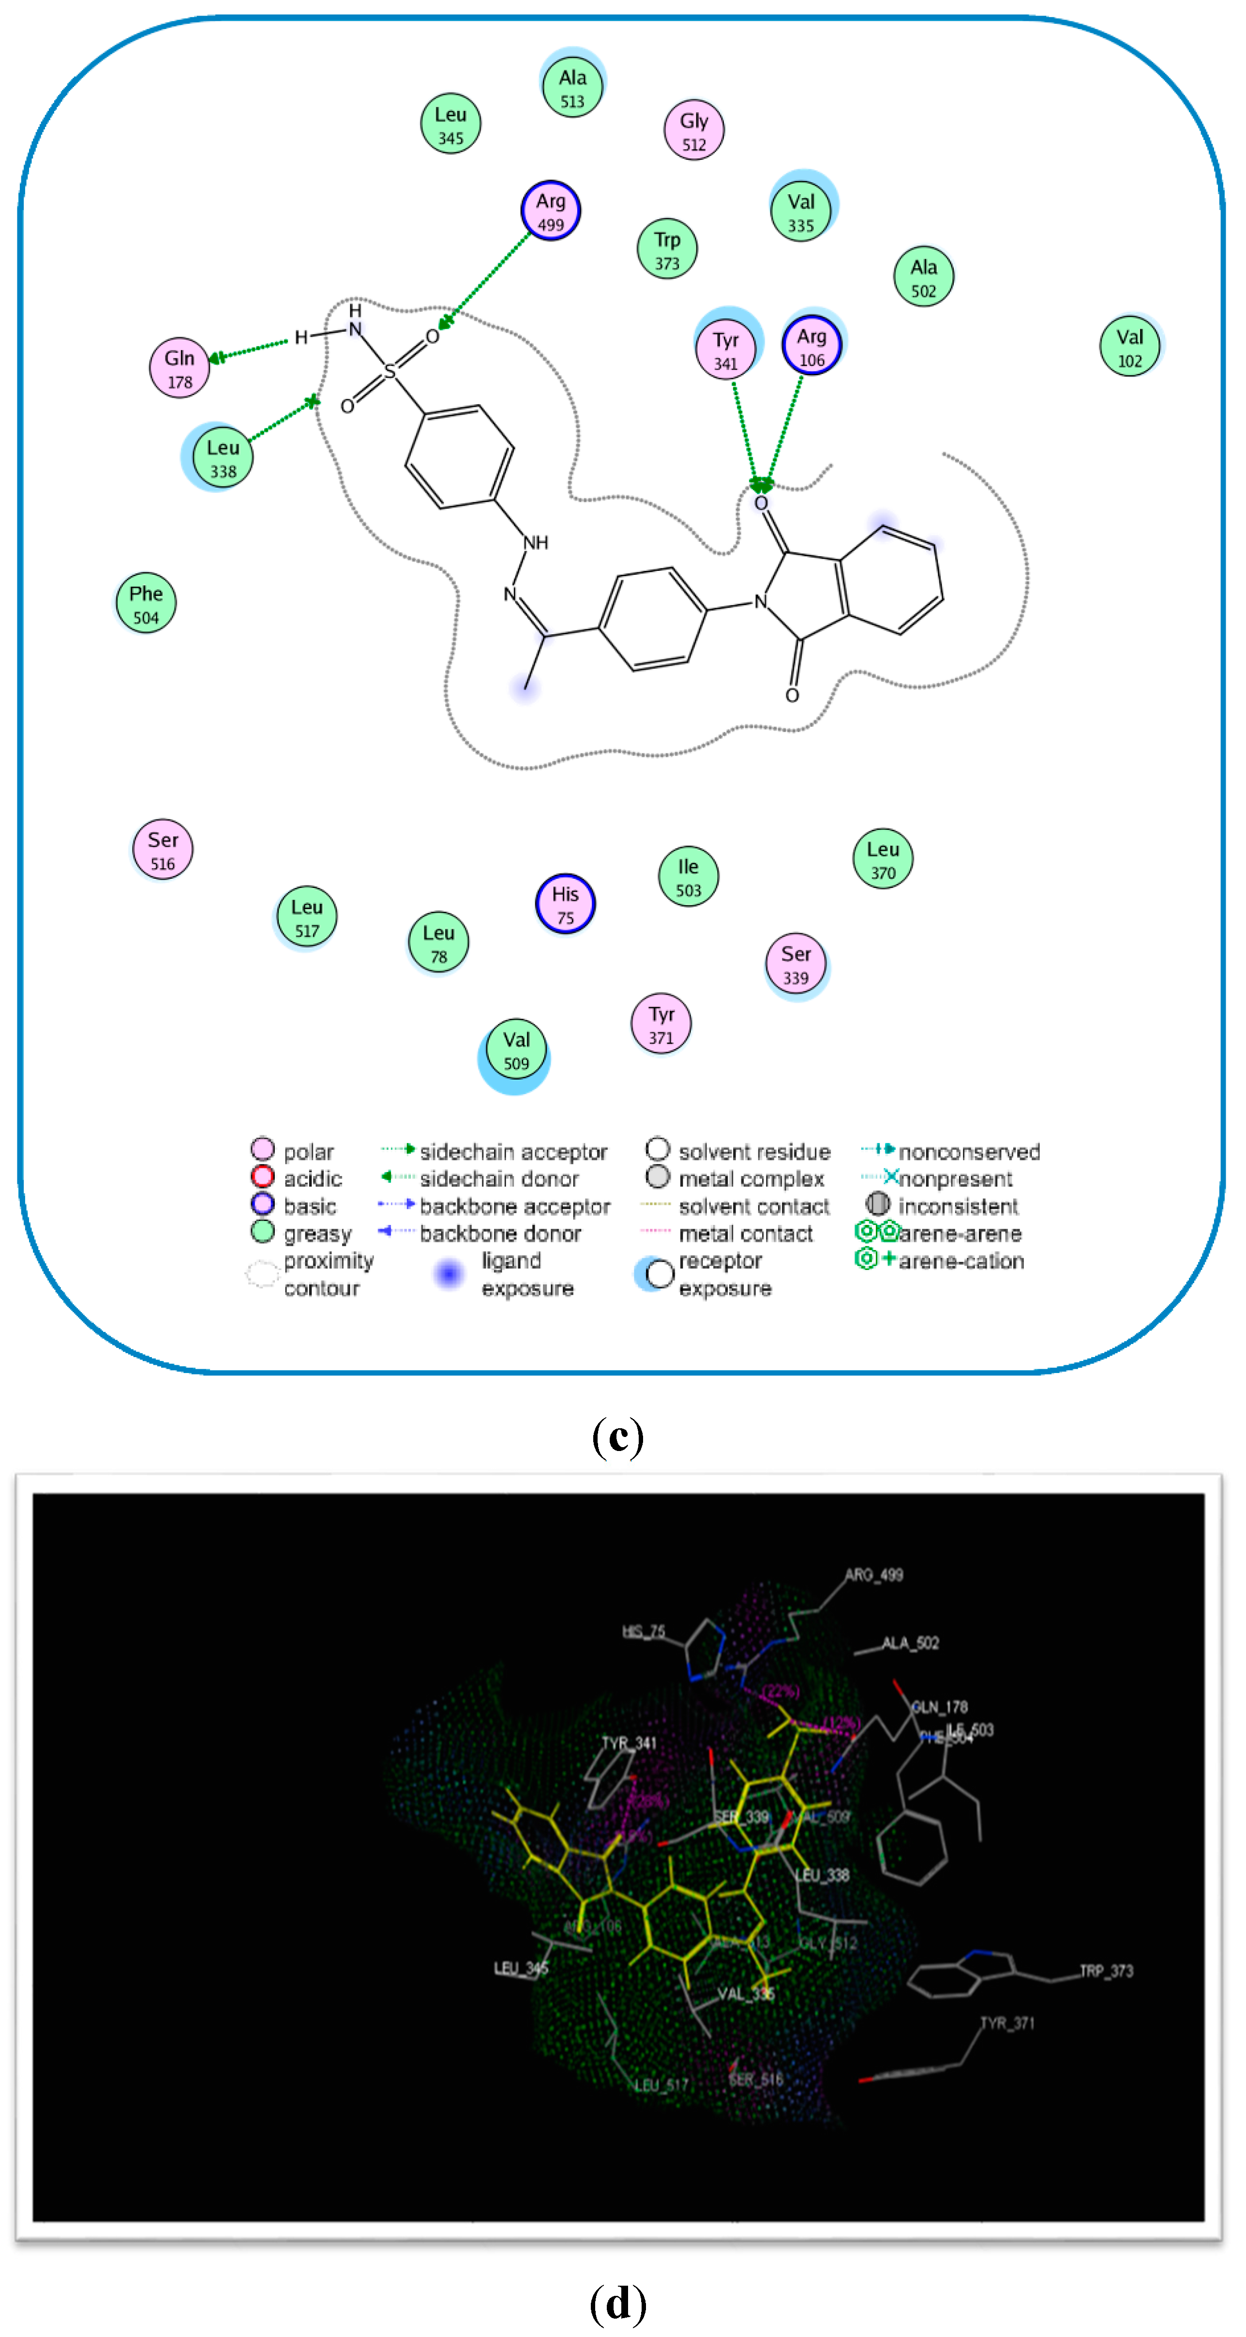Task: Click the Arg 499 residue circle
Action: (551, 212)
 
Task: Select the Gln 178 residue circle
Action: (180, 368)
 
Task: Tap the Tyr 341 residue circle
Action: (725, 350)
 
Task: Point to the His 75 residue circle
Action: (565, 904)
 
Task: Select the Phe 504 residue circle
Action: (146, 604)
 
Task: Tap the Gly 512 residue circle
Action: (694, 132)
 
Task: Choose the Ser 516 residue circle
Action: (163, 850)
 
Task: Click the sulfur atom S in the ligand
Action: (390, 371)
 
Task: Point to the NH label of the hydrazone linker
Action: (536, 543)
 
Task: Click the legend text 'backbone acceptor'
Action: (514, 1207)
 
